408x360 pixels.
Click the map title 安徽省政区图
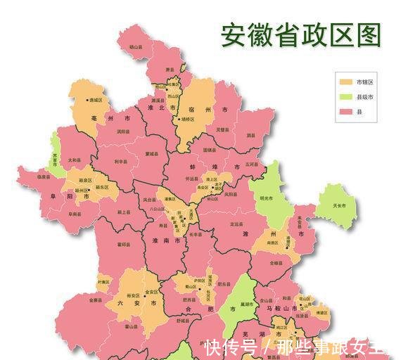point(302,34)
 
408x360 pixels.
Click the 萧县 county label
point(170,70)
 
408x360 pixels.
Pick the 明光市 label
point(265,198)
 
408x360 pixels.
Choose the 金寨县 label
point(96,300)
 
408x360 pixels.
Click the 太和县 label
point(73,160)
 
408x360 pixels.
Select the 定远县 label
point(236,224)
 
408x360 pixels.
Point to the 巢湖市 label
point(245,304)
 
